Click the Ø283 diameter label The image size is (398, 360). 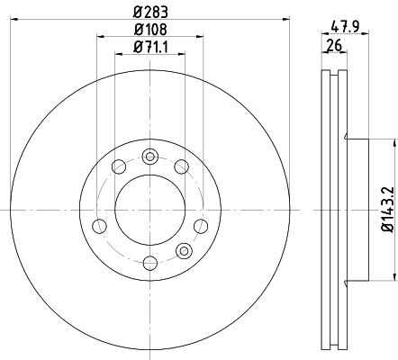(150, 13)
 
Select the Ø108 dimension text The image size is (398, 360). (150, 30)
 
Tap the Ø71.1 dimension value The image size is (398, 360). (150, 48)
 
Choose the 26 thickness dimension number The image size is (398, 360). (335, 46)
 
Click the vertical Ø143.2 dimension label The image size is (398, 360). (387, 209)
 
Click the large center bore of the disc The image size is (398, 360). (150, 210)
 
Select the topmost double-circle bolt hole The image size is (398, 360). (150, 157)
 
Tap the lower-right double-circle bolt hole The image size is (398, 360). (184, 251)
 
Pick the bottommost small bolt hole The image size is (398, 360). (150, 263)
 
